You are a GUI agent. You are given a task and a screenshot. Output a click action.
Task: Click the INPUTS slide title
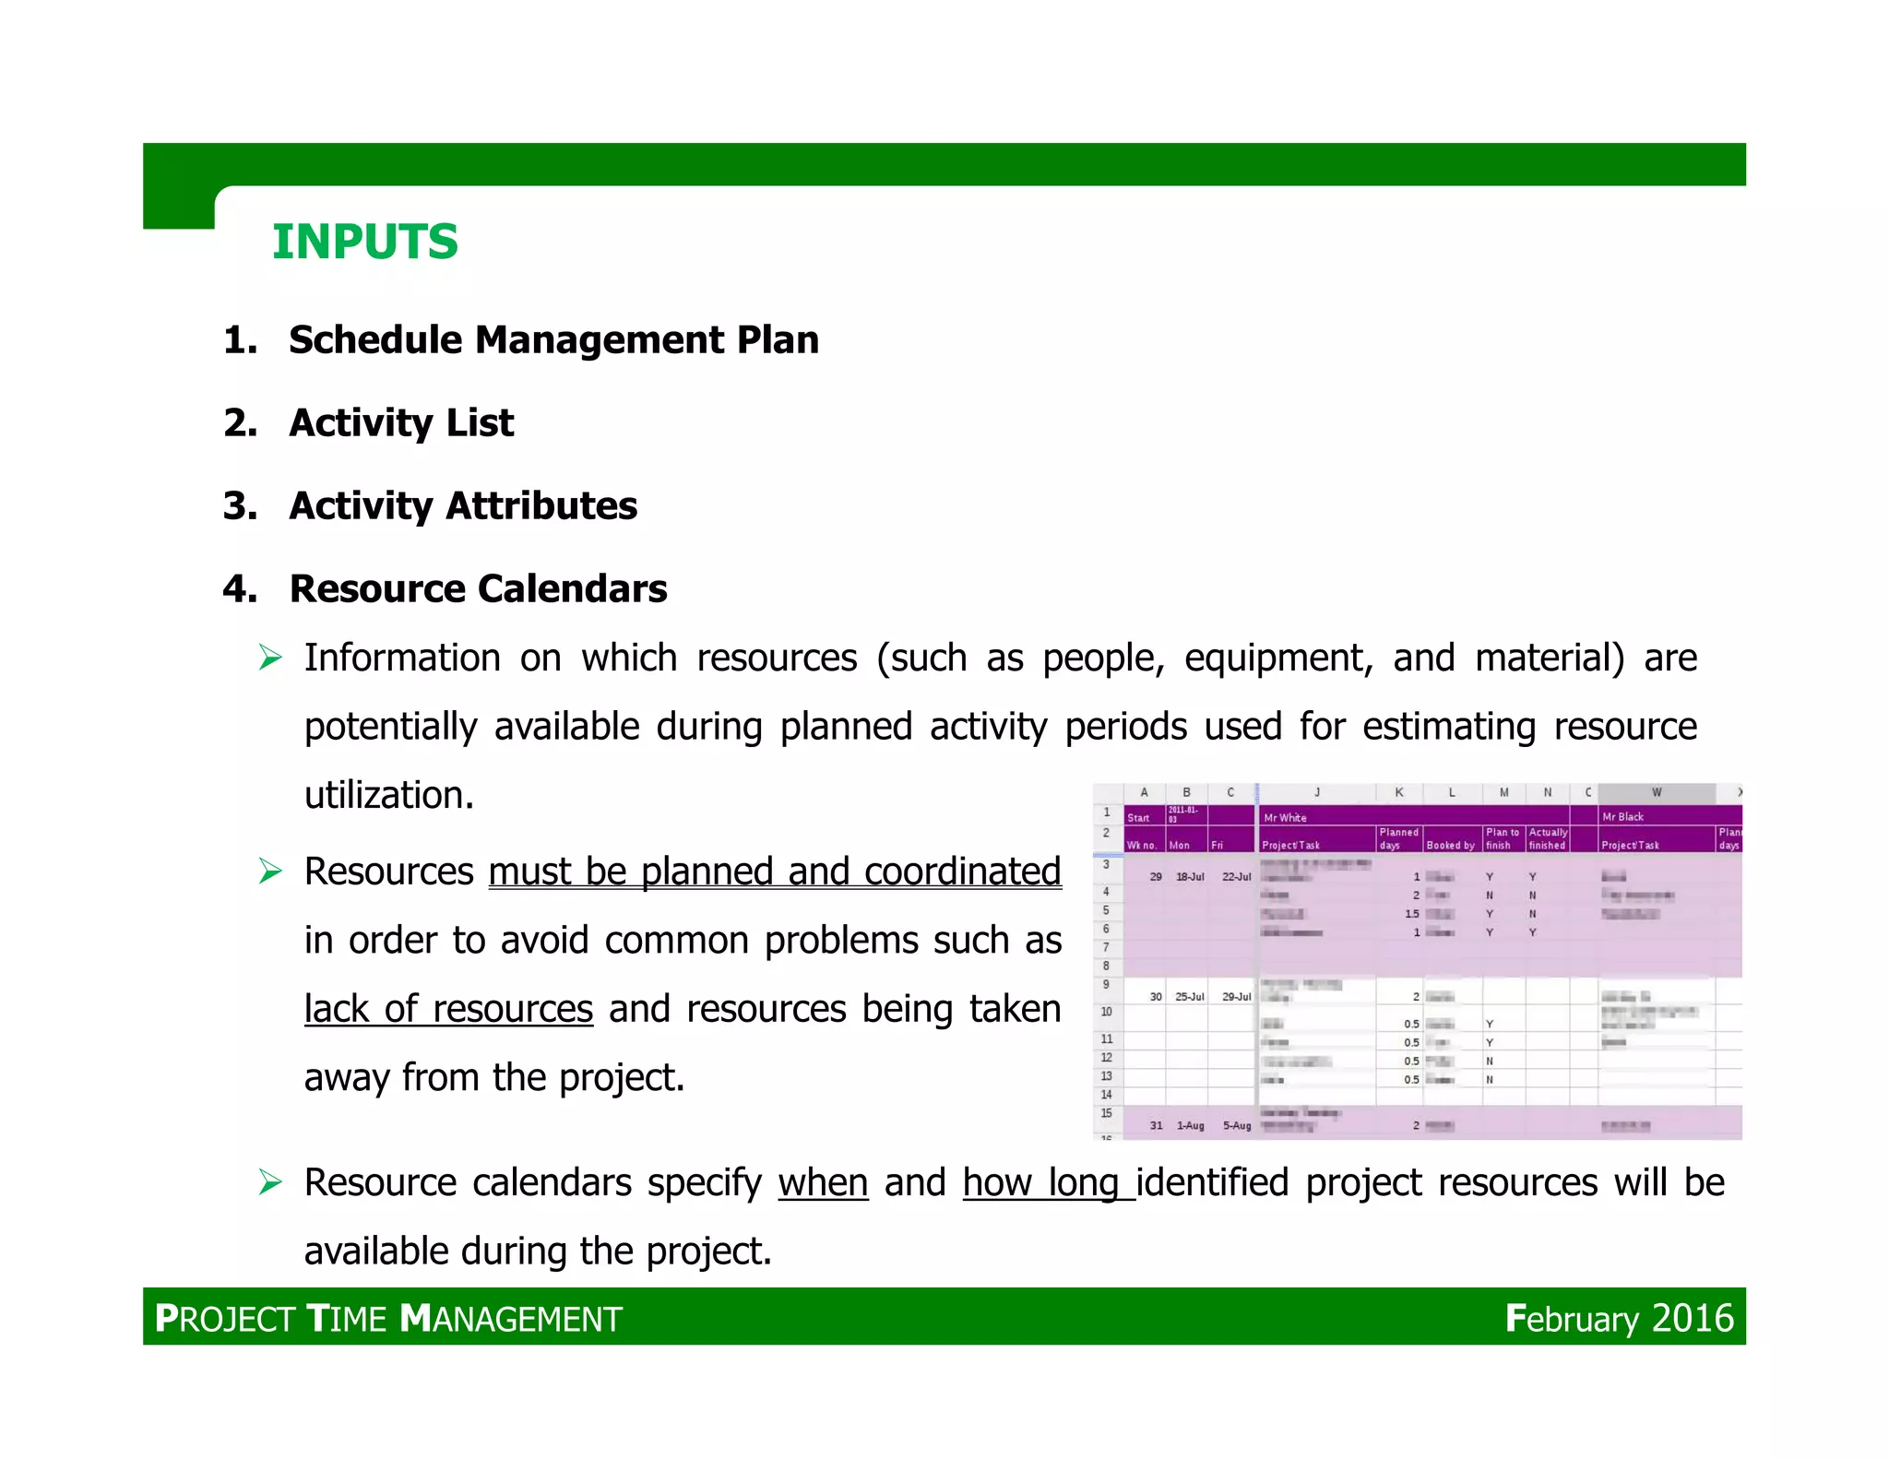click(x=364, y=243)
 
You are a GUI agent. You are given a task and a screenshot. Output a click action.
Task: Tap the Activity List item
click(x=401, y=423)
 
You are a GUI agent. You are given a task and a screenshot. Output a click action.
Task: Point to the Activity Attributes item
click(x=463, y=506)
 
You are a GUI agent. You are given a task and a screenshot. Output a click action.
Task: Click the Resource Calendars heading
click(x=478, y=589)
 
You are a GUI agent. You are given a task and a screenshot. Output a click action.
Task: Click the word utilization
click(x=388, y=795)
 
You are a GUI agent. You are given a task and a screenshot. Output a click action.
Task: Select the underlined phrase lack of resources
click(x=448, y=1009)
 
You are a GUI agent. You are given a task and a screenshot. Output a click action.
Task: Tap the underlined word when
click(x=823, y=1183)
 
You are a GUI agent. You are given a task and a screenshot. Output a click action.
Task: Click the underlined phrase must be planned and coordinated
click(x=775, y=872)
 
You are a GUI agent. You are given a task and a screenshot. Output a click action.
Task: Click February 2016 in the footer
click(x=1619, y=1319)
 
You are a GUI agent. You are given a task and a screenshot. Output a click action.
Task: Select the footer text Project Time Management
click(x=388, y=1319)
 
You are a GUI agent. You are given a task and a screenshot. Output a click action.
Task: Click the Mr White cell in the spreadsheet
click(x=1285, y=818)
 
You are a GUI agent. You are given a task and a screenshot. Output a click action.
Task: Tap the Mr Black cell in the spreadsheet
click(x=1622, y=817)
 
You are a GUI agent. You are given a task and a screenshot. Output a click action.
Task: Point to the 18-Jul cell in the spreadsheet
click(x=1189, y=877)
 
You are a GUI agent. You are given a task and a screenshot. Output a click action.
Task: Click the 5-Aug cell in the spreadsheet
click(x=1236, y=1126)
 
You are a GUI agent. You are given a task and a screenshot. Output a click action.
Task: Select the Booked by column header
click(x=1450, y=845)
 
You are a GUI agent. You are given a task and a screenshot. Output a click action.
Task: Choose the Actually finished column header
click(x=1547, y=838)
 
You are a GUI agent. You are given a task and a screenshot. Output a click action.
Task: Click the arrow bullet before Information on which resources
click(x=270, y=658)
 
